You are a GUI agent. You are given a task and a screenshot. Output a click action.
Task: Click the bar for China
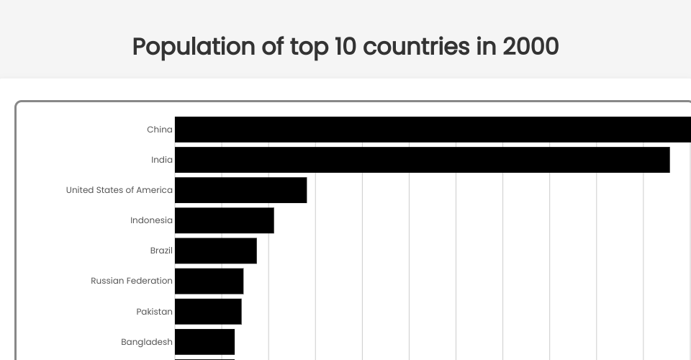click(432, 130)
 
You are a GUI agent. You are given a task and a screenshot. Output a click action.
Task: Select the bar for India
click(422, 160)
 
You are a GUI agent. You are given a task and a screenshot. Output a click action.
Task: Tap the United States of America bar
click(240, 190)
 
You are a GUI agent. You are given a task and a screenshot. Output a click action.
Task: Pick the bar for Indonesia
click(224, 220)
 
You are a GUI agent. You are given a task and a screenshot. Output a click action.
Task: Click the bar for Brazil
click(215, 251)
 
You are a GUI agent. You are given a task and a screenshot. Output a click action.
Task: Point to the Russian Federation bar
click(209, 281)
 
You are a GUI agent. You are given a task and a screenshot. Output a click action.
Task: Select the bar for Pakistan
click(208, 311)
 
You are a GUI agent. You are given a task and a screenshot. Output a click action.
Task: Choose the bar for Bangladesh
click(204, 341)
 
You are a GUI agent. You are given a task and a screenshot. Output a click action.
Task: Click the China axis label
click(160, 130)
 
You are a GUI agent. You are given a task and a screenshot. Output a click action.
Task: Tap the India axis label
click(162, 160)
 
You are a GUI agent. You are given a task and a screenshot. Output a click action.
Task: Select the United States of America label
click(119, 190)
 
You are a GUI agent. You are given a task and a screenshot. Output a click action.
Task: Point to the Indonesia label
click(151, 220)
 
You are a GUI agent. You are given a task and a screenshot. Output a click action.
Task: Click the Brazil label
click(161, 251)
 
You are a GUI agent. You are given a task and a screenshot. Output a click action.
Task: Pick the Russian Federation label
click(132, 281)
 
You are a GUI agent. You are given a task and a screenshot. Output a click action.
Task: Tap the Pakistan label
click(154, 312)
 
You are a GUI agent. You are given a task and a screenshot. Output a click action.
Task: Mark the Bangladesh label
click(147, 342)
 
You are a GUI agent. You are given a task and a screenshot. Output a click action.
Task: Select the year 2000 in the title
click(530, 47)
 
